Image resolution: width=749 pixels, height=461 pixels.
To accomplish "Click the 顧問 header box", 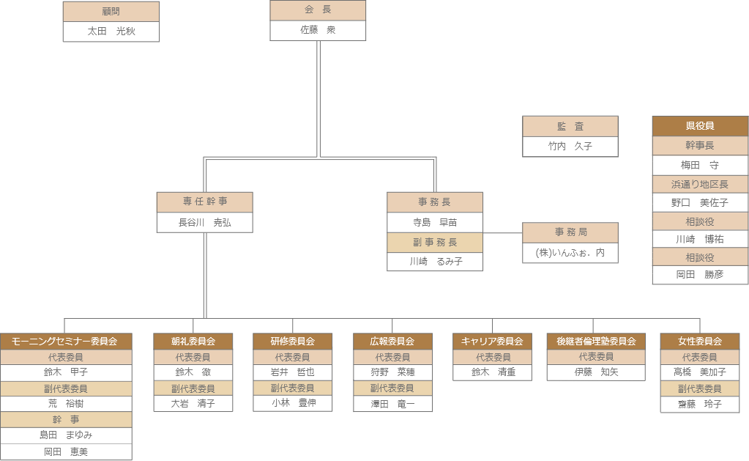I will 111,12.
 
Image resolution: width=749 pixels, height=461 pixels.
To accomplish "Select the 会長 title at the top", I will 318,10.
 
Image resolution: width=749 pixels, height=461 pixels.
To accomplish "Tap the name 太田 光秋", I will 111,32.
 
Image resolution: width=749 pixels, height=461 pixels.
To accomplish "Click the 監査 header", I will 570,126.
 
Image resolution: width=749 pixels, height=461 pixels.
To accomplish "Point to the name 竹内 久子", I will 570,146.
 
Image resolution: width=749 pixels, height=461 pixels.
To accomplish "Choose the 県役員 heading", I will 700,126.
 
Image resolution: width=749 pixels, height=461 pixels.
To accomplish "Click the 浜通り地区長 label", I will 700,184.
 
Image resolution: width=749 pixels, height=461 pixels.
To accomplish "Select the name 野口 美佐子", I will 700,203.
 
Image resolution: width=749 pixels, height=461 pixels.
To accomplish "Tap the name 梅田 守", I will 700,166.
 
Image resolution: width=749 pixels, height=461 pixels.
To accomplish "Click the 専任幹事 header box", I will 205,202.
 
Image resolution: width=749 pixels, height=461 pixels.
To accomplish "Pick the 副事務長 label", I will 435,243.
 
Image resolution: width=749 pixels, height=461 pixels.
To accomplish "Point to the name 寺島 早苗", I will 435,222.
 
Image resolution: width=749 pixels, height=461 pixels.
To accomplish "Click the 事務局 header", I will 570,232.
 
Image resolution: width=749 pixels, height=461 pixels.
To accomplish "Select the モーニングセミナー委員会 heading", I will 66,341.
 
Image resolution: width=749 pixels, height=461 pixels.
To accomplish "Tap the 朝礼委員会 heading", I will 193,341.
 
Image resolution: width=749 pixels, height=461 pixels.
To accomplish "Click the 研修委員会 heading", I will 293,341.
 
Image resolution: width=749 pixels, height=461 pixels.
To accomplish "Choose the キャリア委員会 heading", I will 492,341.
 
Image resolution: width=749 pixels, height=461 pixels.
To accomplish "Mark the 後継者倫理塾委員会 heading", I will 595,341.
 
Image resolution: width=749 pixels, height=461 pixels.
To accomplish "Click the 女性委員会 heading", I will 700,341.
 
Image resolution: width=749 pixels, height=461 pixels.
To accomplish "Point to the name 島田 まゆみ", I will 66,435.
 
